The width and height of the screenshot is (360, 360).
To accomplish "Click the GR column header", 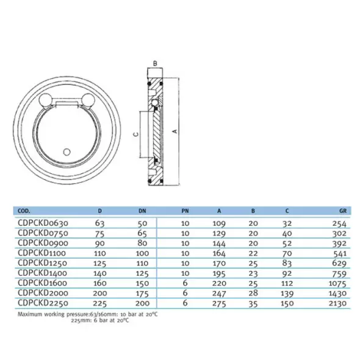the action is (343, 211).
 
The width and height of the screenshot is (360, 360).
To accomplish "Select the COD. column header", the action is (24, 211).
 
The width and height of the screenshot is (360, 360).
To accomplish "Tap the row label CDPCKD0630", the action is (43, 223).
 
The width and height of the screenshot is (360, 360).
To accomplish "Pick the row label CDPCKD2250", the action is (43, 303).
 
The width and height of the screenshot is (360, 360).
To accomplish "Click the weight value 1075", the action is (337, 283).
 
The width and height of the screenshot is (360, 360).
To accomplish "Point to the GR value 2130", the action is (337, 303).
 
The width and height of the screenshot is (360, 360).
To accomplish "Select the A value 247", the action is (219, 293).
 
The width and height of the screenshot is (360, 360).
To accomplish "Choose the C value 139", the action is (287, 293).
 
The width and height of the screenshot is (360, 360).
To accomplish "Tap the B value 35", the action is (253, 303).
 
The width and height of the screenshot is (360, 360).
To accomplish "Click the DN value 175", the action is (142, 293).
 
